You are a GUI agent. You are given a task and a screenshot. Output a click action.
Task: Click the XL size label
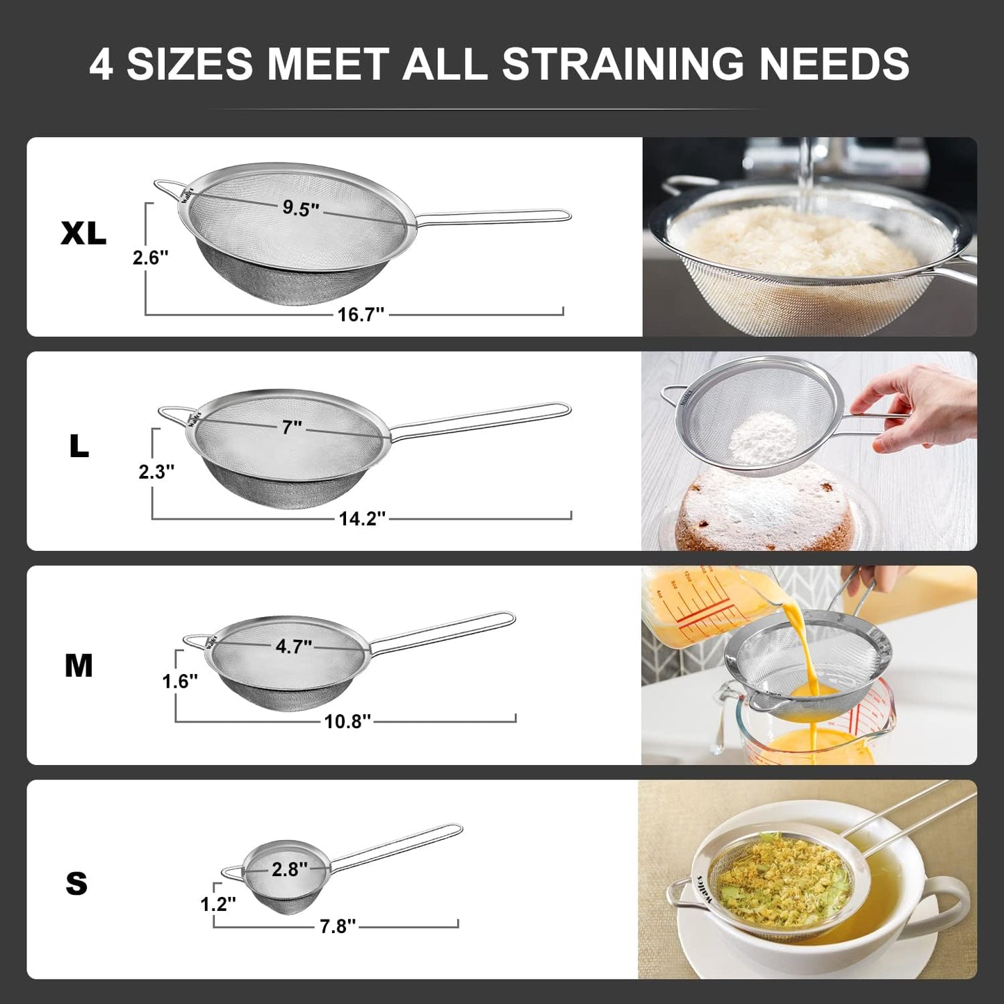83,233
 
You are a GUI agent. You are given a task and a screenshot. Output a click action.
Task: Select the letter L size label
79,447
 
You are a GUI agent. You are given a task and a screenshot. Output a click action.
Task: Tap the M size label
79,666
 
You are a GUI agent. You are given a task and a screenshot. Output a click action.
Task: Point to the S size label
76,884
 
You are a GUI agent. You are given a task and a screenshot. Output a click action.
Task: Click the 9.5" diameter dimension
300,208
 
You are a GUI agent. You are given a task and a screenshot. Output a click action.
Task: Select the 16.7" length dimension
361,315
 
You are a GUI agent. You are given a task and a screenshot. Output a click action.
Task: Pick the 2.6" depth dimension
151,258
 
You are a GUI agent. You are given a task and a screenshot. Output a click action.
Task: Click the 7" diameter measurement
292,427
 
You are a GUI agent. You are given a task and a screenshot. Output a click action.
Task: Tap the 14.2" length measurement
362,518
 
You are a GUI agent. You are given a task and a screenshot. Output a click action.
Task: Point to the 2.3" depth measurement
156,472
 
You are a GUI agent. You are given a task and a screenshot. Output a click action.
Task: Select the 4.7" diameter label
293,646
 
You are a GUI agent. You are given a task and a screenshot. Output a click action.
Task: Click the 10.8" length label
347,722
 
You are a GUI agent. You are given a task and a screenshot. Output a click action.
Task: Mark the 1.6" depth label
180,681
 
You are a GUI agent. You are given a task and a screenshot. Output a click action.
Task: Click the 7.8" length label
338,926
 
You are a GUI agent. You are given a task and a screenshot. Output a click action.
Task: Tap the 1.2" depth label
218,904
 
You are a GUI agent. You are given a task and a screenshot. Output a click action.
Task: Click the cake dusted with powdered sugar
764,507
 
